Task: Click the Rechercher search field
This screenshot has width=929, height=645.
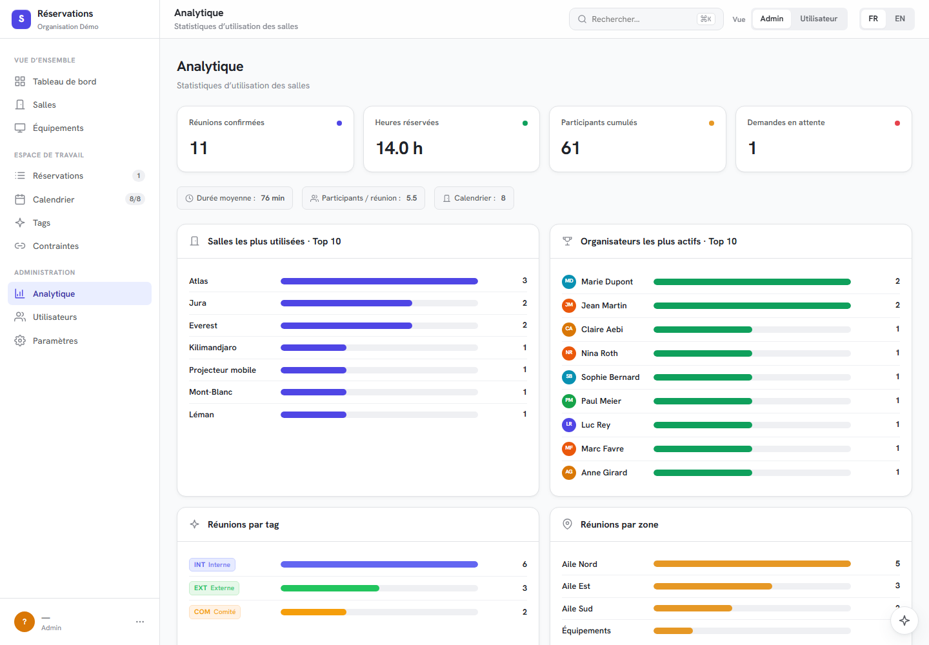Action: [x=646, y=19]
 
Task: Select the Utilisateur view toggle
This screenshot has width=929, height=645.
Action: [x=818, y=19]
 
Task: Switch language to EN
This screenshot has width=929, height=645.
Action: [x=899, y=19]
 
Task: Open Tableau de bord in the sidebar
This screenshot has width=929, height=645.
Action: [x=65, y=82]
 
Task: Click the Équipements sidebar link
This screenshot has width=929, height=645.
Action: [x=58, y=128]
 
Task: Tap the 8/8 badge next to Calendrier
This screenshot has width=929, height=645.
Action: [x=135, y=199]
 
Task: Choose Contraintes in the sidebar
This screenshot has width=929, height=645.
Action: [x=55, y=246]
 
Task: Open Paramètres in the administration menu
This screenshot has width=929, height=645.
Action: [x=55, y=341]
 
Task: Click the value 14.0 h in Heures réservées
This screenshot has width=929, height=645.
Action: [x=399, y=148]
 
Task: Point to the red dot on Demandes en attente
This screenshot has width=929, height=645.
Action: [x=897, y=123]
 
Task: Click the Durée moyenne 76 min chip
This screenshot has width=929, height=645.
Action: [x=235, y=198]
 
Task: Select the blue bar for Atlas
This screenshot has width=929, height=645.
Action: [x=379, y=281]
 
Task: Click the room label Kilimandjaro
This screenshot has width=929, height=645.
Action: [x=213, y=348]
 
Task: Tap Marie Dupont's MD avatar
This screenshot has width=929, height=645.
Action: [x=568, y=281]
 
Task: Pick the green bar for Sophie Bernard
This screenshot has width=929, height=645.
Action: [x=703, y=377]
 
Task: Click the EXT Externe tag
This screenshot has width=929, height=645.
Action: [x=214, y=588]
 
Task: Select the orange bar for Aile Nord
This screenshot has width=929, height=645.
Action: [x=752, y=564]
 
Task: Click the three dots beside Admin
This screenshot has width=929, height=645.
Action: [x=140, y=622]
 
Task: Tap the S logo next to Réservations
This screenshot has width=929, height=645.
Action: [x=21, y=19]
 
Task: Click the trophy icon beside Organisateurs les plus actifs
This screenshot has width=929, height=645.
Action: [x=567, y=241]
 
